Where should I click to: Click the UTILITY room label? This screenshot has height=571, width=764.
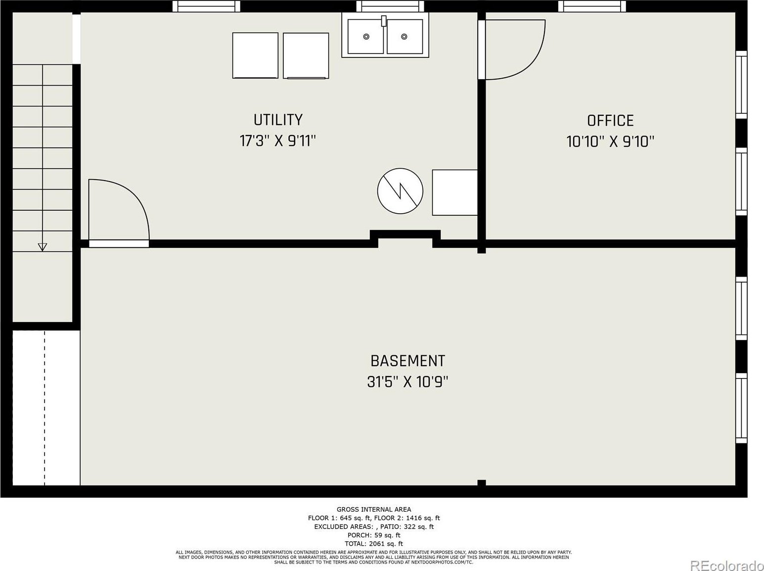278,120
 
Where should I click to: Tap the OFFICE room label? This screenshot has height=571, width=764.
610,121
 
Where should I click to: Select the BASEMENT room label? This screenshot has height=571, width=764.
407,361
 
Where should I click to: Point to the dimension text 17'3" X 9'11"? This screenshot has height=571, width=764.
278,141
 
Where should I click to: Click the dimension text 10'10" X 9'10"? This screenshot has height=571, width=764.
610,142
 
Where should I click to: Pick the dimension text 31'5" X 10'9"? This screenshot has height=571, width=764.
407,382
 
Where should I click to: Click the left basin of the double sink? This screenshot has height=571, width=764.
365,36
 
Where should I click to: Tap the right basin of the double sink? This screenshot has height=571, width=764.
405,36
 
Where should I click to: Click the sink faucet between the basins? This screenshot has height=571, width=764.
384,21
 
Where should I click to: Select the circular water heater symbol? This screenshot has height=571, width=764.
400,191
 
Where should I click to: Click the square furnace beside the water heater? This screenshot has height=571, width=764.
454,192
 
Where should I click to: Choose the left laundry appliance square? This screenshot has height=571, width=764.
255,55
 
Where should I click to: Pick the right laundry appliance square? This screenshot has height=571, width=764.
306,56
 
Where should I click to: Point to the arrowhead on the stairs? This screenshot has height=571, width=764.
42,247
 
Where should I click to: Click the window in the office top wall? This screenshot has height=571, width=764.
592,6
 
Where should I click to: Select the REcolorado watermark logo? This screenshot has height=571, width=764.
727,565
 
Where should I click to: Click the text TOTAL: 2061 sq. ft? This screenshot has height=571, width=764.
374,544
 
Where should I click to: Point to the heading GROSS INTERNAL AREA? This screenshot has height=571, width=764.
374,510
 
